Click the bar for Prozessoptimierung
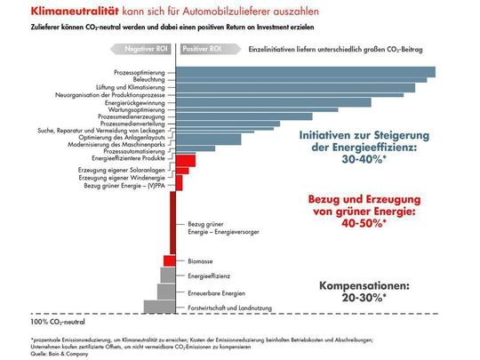coord(302,71)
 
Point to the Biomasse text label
coord(200,260)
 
